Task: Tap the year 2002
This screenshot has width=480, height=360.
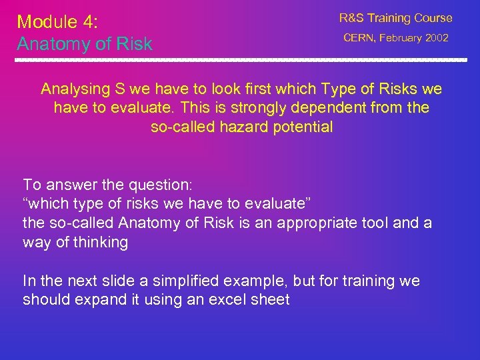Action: point(436,38)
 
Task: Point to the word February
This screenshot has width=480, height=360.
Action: point(401,38)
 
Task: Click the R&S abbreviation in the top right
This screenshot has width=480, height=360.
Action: point(351,18)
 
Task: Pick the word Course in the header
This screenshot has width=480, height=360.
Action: point(433,18)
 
